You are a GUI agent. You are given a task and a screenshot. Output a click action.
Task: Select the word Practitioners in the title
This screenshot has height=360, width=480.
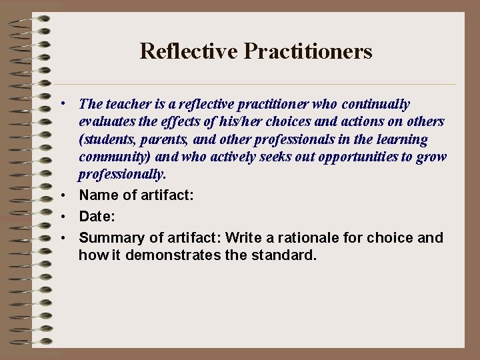click(x=308, y=51)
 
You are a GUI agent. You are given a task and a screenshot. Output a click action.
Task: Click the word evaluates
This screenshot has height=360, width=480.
click(x=107, y=122)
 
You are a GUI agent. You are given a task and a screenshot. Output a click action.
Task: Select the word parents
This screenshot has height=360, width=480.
click(x=175, y=140)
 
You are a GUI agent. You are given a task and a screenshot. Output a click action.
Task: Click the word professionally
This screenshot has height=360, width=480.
click(x=121, y=175)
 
